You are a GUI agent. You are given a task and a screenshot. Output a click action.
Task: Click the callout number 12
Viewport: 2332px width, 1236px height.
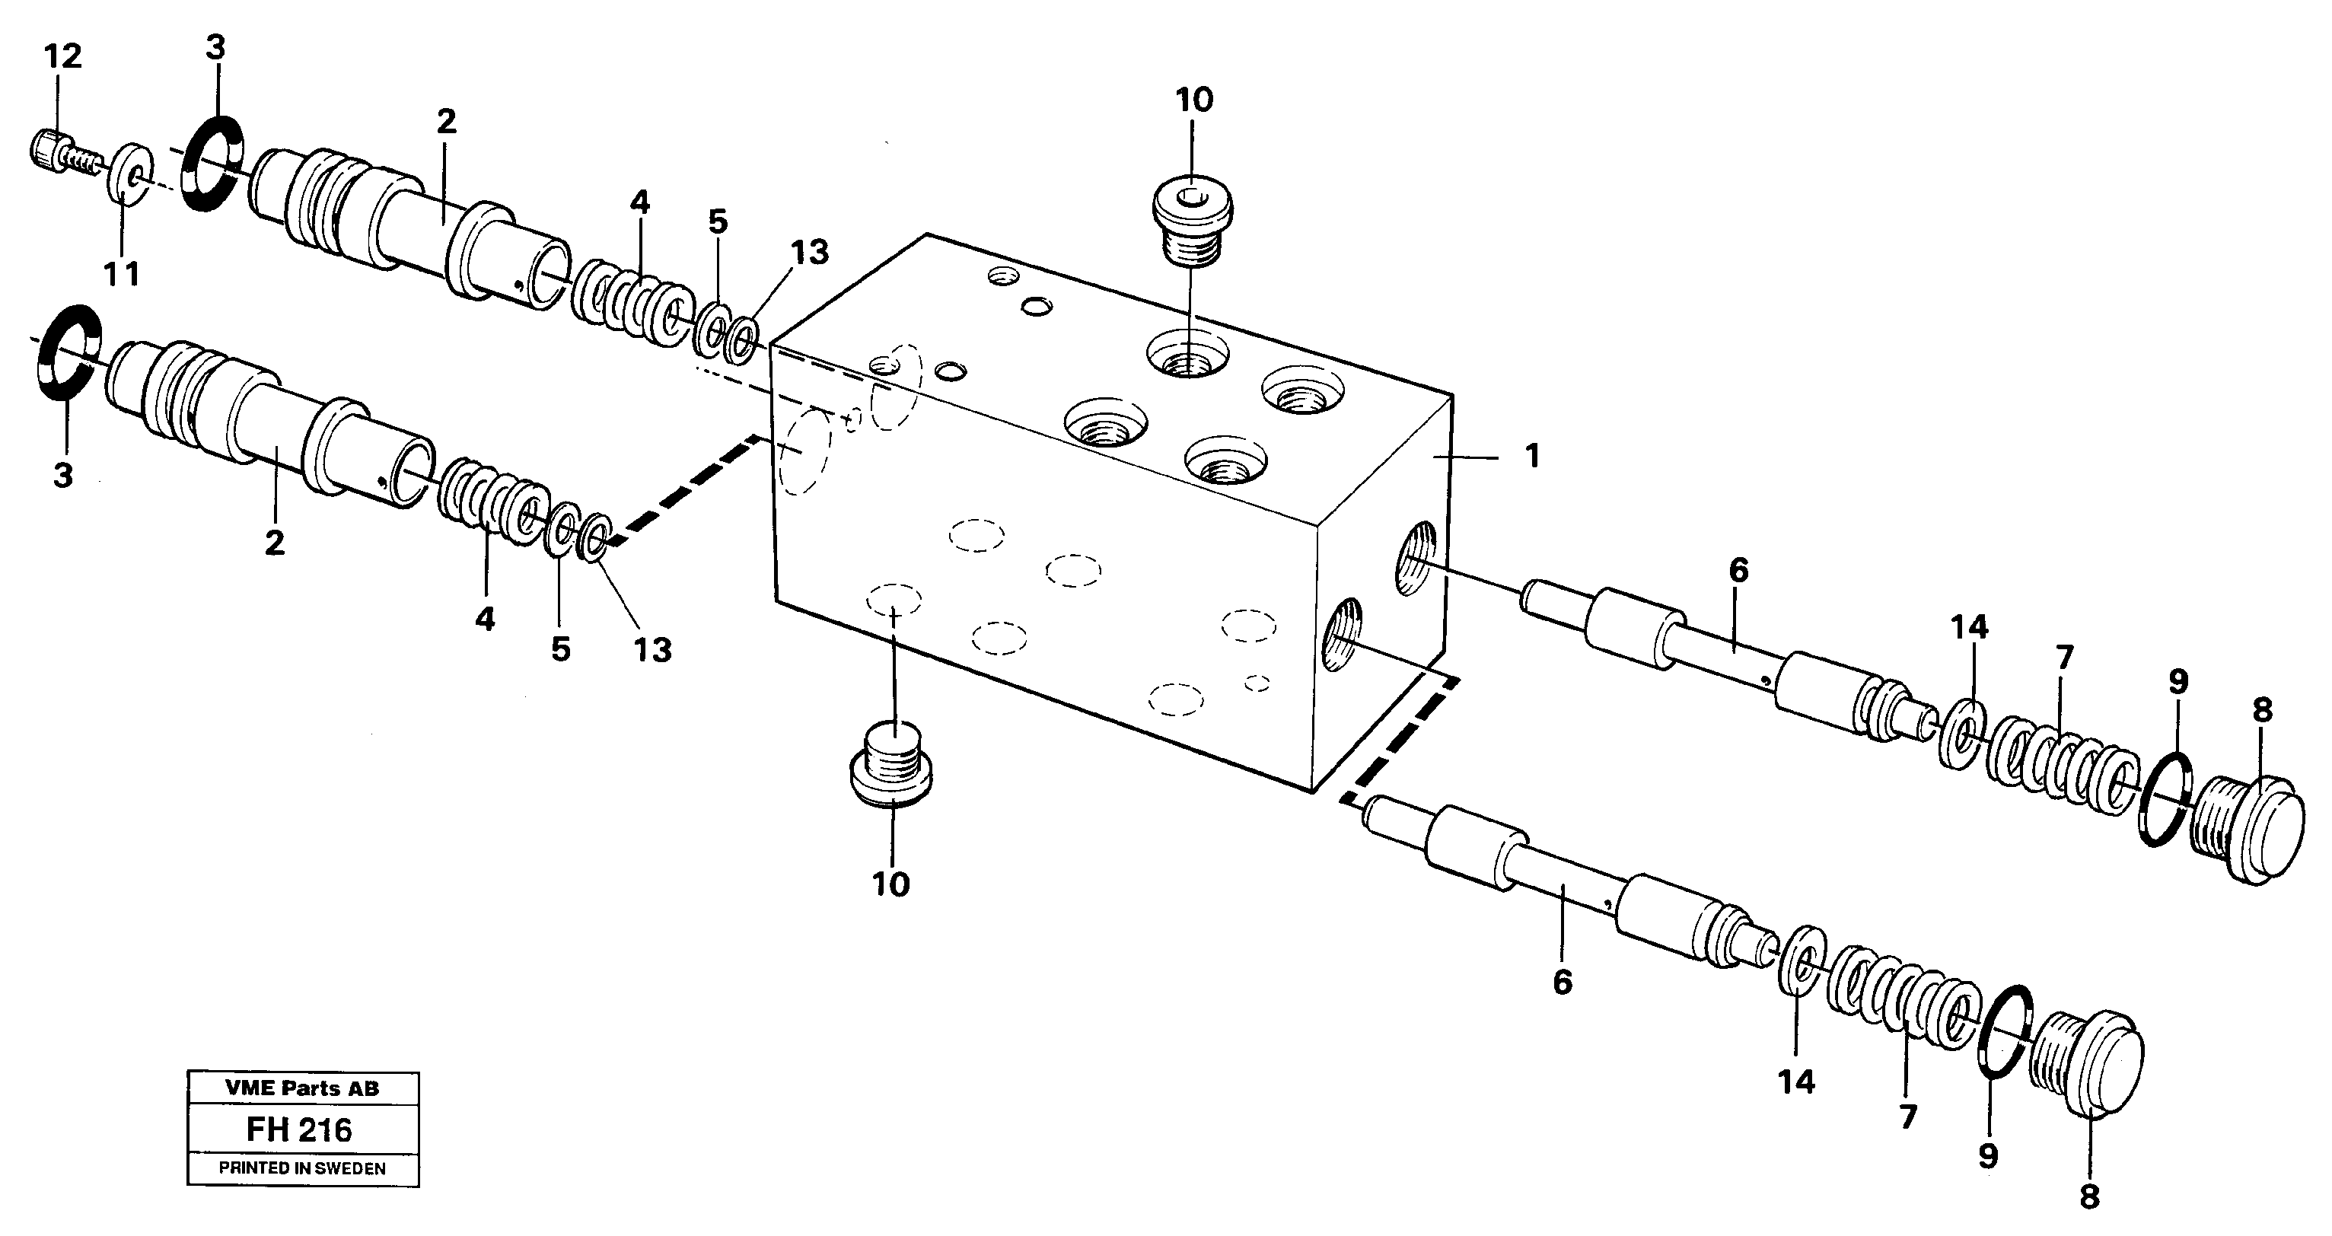click(x=62, y=57)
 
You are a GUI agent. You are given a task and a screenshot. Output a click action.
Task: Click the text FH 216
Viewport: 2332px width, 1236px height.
click(x=300, y=1130)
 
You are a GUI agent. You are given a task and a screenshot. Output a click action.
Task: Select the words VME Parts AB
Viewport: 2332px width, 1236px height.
click(x=302, y=1088)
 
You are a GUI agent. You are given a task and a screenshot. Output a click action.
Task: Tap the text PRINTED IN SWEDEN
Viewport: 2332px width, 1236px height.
click(x=302, y=1168)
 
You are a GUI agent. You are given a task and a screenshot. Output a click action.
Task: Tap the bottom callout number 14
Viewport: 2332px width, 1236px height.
click(x=1796, y=1081)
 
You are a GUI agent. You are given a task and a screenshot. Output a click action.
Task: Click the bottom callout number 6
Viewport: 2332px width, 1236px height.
click(x=1563, y=983)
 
